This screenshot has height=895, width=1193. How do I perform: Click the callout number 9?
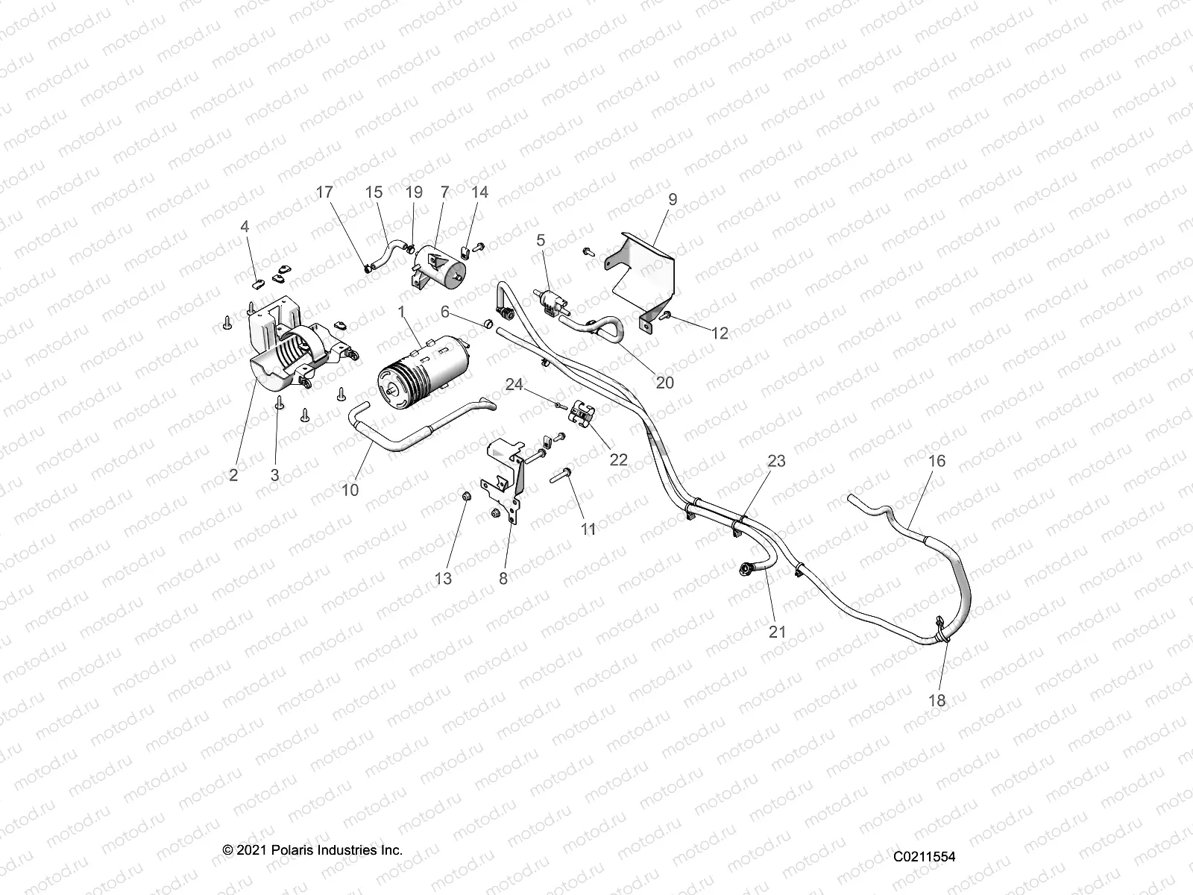[673, 199]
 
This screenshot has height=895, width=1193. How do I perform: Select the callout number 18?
[937, 700]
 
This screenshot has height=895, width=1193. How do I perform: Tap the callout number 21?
[778, 632]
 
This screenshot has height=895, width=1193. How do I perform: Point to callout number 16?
[937, 461]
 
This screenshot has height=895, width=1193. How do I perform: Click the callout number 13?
[443, 578]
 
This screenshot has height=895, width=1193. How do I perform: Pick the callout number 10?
[350, 490]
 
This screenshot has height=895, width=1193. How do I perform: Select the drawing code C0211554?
[925, 857]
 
